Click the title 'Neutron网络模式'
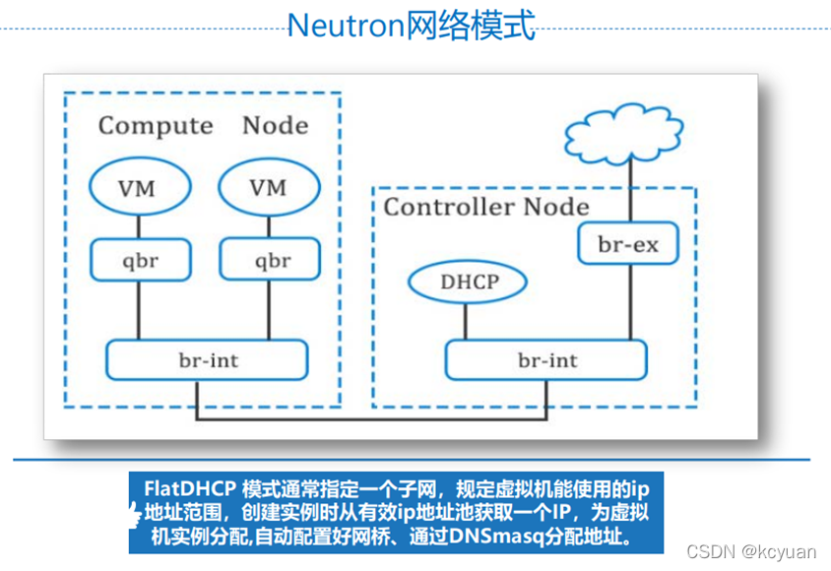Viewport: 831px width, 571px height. (x=412, y=26)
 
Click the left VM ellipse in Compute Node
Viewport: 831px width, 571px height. (x=137, y=187)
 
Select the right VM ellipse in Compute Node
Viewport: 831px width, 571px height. (x=268, y=187)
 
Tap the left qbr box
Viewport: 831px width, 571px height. (x=137, y=261)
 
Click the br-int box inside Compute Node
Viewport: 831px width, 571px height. (x=208, y=360)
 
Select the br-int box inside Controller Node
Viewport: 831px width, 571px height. (x=547, y=360)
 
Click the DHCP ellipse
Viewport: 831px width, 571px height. (x=470, y=283)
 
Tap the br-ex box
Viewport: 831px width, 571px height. (x=628, y=244)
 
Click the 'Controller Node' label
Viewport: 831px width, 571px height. (x=485, y=207)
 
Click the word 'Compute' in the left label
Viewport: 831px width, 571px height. (x=156, y=126)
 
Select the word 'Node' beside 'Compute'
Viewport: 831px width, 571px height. (x=275, y=126)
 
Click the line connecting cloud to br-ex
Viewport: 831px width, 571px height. (x=628, y=193)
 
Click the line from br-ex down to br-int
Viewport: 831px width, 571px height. (x=628, y=303)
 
